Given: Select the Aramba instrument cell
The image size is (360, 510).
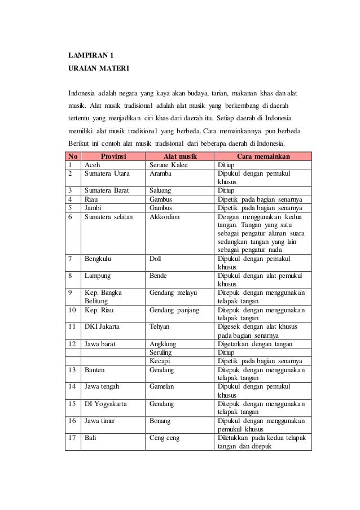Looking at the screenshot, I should click(160, 175).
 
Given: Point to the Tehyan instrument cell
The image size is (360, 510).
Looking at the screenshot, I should click(160, 326).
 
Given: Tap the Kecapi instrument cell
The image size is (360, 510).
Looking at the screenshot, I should click(160, 360).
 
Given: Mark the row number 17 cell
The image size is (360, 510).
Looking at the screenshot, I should click(72, 438).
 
